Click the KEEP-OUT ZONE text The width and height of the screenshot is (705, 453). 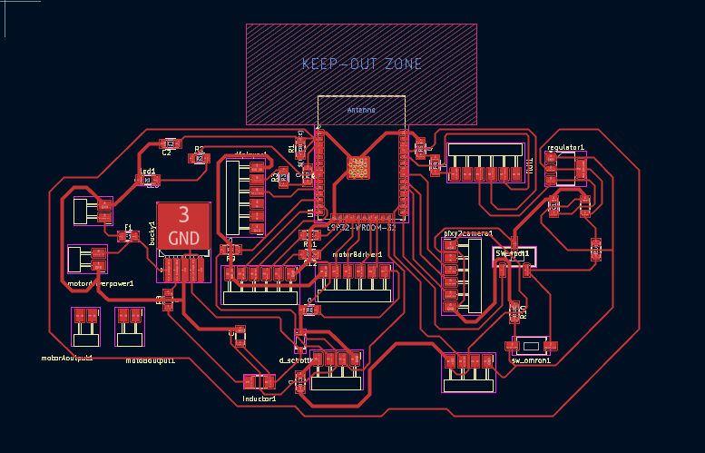pos(362,64)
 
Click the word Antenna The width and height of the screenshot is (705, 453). pos(360,110)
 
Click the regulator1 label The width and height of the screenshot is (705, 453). pos(565,146)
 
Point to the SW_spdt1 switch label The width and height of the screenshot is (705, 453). pos(513,253)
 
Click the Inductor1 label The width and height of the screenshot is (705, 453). pos(259,399)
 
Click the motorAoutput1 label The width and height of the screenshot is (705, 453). pos(67,358)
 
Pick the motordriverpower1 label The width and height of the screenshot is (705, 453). pos(101,283)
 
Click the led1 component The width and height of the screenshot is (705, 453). pos(147,180)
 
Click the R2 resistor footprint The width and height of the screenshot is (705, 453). pos(200,158)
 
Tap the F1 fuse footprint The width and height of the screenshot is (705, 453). pos(127,236)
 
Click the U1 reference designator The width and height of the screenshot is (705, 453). pos(309,212)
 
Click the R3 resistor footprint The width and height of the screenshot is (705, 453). pos(285,178)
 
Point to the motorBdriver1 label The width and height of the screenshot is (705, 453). pos(357,255)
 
